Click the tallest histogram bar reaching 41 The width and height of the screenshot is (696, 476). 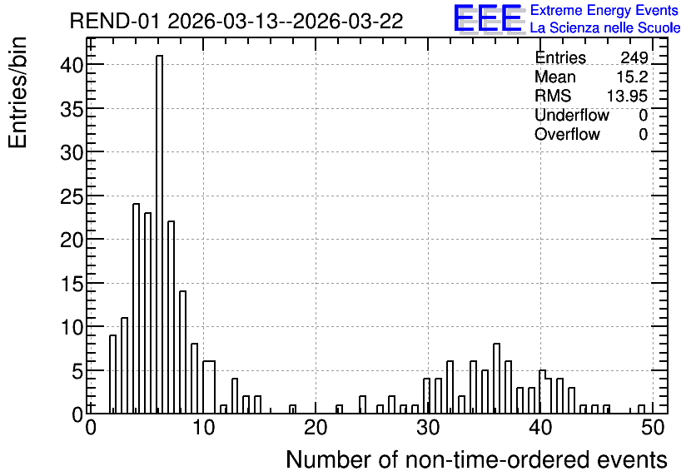click(159, 234)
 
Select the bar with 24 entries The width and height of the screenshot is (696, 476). click(137, 308)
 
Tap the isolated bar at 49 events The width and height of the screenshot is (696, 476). click(641, 409)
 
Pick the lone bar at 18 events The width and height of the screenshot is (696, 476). click(292, 409)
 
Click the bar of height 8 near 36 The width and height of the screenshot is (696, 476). click(497, 379)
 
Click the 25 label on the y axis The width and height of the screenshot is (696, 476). click(72, 196)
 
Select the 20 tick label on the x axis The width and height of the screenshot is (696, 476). click(316, 428)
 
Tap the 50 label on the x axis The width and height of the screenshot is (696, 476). click(653, 428)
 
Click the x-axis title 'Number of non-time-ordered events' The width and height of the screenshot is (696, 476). click(476, 459)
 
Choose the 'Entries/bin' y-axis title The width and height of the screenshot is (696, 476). click(17, 92)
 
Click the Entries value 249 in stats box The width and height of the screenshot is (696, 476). click(634, 57)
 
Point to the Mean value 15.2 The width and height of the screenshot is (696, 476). click(632, 77)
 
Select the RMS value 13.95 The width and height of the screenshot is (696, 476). click(627, 96)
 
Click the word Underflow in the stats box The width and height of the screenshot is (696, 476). click(572, 115)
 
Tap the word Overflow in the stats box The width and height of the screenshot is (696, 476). click(567, 134)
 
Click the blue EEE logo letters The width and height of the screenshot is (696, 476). click(488, 18)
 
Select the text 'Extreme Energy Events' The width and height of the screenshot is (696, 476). click(604, 10)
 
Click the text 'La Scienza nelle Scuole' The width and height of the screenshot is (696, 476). click(605, 27)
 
